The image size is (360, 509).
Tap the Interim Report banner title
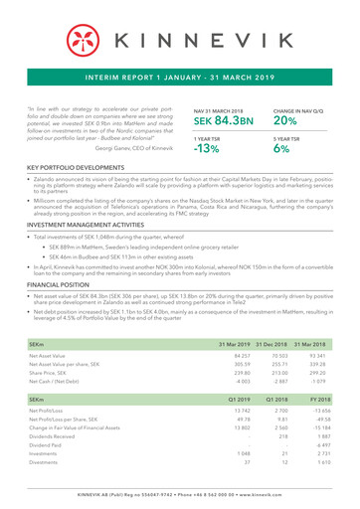point(180,73)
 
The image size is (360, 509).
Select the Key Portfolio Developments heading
point(83,184)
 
